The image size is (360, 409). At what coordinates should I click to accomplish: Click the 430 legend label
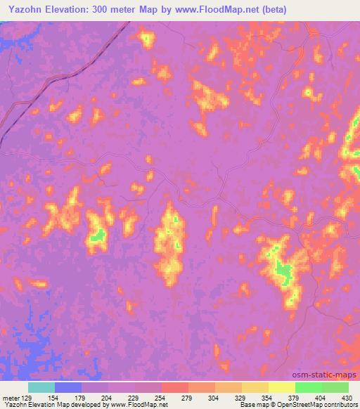pyautogui.click(x=345, y=397)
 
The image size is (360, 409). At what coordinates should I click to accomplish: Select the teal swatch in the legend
pyautogui.click(x=41, y=387)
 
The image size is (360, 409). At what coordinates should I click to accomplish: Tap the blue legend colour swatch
pyautogui.click(x=68, y=387)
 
